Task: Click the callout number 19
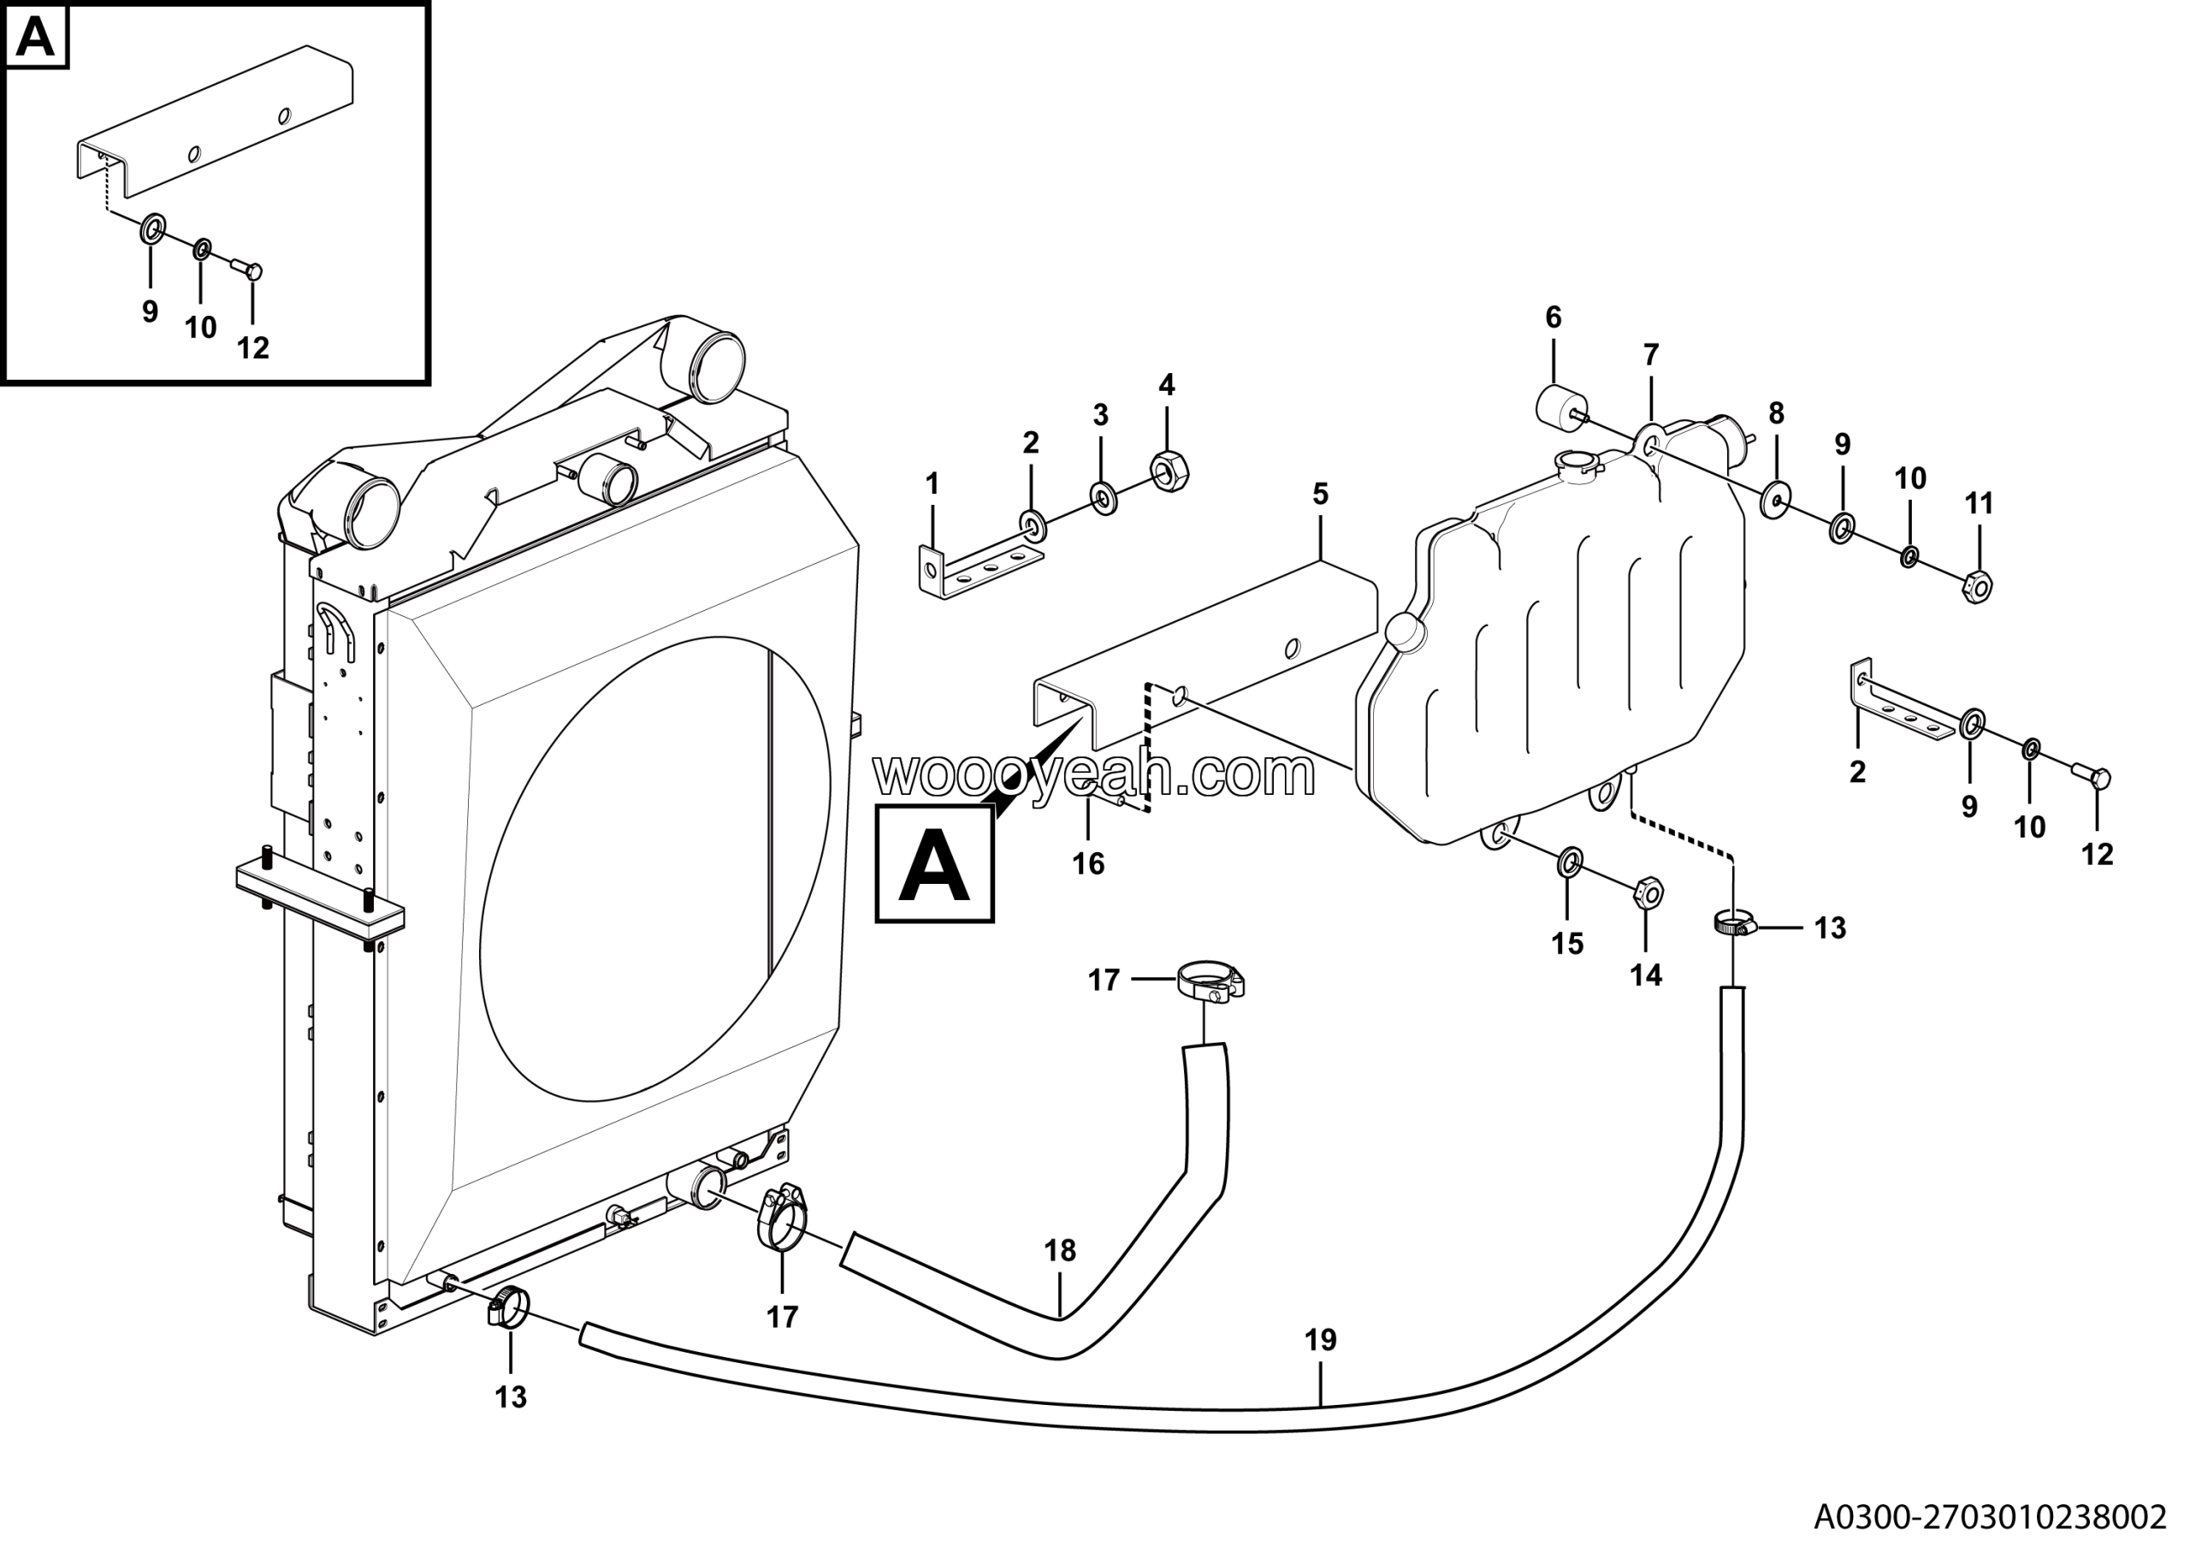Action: point(1321,1341)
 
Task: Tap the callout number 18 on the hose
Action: point(1060,1250)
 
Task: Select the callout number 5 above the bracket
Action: point(1320,494)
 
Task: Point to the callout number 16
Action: point(1087,864)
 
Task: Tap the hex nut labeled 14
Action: point(1648,893)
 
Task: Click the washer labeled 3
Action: point(1104,498)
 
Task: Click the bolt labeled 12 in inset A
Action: point(250,271)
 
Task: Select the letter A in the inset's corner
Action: point(36,39)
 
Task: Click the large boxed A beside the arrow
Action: point(935,864)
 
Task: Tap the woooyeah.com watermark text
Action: point(1094,775)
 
